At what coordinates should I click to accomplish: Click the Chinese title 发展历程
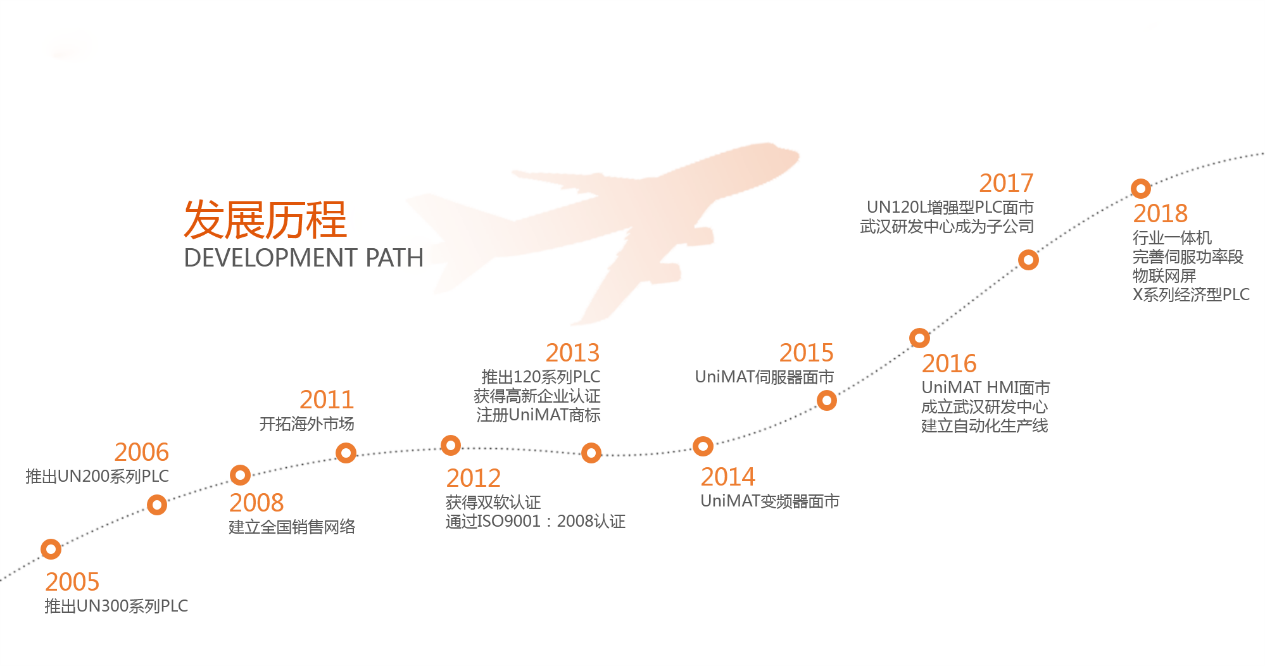click(265, 220)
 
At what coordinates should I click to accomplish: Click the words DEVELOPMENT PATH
click(303, 258)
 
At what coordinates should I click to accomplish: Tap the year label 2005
click(72, 582)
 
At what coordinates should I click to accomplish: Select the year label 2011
click(327, 399)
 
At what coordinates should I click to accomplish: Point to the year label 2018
click(1161, 213)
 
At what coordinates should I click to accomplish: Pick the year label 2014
click(728, 477)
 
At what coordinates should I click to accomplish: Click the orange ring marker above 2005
click(51, 549)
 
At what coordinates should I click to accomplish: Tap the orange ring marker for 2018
click(1141, 189)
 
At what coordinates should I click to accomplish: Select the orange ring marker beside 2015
click(827, 400)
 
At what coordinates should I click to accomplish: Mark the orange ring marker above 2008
click(241, 475)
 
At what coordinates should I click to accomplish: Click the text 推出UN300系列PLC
click(116, 606)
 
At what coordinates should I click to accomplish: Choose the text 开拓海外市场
click(307, 424)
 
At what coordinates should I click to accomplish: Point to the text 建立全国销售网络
click(292, 527)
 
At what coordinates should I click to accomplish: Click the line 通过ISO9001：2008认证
click(536, 521)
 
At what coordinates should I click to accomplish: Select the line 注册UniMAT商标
click(539, 415)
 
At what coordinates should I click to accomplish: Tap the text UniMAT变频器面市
click(770, 501)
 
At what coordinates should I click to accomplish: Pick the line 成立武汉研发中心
click(985, 406)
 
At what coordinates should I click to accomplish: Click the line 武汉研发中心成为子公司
click(947, 226)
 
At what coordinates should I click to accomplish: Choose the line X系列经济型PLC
click(1192, 294)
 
